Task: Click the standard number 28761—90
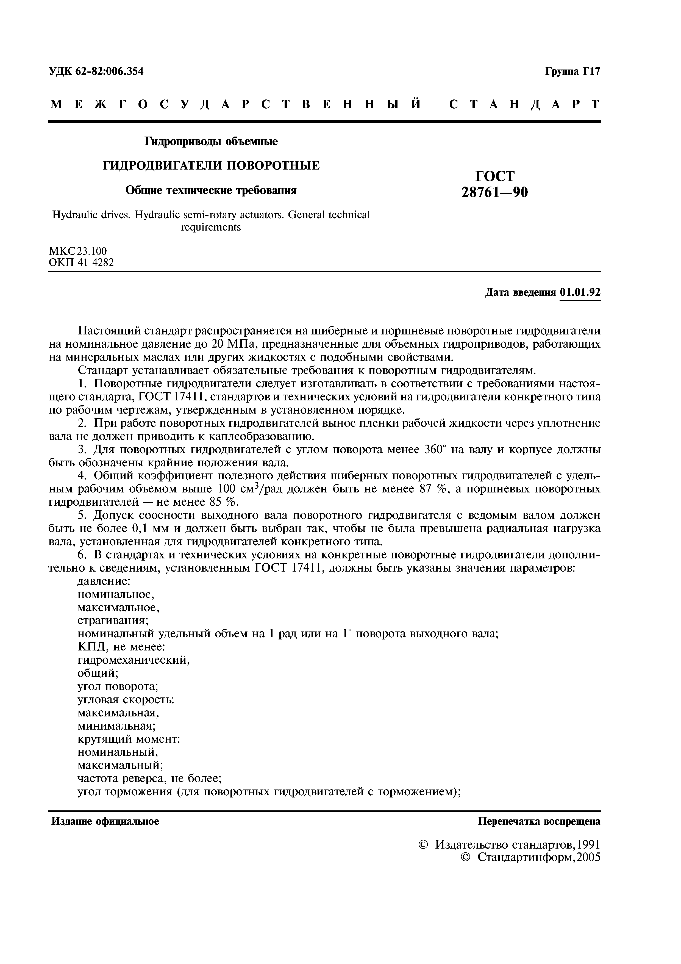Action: click(495, 192)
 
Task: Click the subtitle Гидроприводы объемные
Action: click(211, 142)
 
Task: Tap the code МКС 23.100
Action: click(78, 251)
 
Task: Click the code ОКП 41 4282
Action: click(81, 263)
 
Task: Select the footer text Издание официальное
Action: click(105, 822)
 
